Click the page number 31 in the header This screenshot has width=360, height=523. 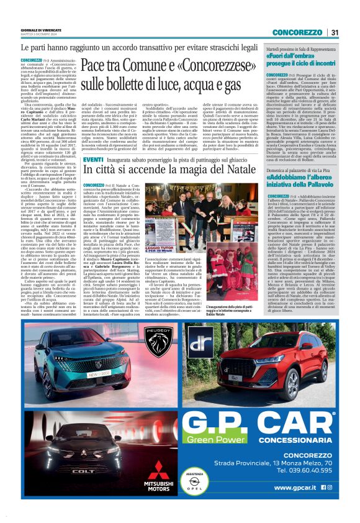tap(333, 32)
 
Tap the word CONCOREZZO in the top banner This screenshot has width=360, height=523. tap(296, 32)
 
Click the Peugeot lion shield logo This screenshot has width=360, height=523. tap(159, 337)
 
